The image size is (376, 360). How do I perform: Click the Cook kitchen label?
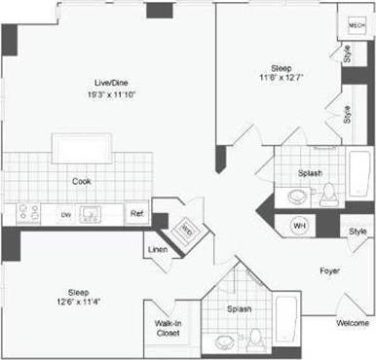pyautogui.click(x=82, y=180)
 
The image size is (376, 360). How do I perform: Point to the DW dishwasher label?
pyautogui.click(x=66, y=213)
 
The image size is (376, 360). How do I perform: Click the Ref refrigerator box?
pyautogui.click(x=137, y=213)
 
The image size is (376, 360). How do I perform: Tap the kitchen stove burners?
pyautogui.click(x=26, y=213)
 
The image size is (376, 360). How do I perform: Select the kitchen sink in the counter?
pyautogui.click(x=94, y=213)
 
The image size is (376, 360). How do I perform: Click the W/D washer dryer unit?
pyautogui.click(x=185, y=230)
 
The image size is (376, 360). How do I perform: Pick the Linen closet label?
pyautogui.click(x=158, y=250)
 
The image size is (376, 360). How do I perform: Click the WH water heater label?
pyautogui.click(x=299, y=226)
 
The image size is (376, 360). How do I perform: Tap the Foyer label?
pyautogui.click(x=329, y=270)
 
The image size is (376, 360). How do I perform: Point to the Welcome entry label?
pyautogui.click(x=353, y=323)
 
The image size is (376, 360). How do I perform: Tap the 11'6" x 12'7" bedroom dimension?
pyautogui.click(x=281, y=78)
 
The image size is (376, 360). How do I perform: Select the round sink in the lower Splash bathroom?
pyautogui.click(x=225, y=342)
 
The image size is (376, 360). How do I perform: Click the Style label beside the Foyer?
pyautogui.click(x=357, y=232)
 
